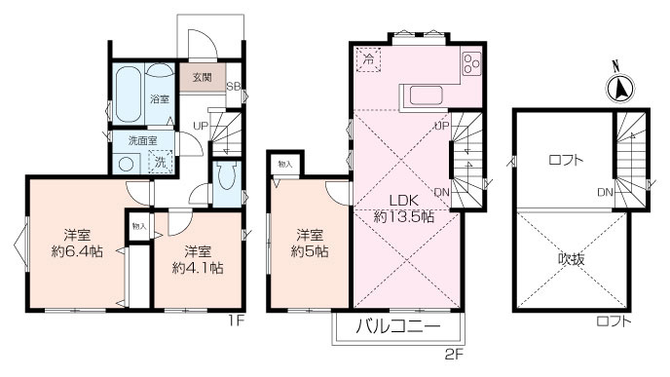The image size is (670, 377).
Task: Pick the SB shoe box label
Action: (x=233, y=86)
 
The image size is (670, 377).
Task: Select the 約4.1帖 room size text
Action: (x=198, y=255)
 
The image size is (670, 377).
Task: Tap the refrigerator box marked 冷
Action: (x=367, y=59)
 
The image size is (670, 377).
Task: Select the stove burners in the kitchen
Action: (x=471, y=63)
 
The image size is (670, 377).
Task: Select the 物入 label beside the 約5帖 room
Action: (x=283, y=164)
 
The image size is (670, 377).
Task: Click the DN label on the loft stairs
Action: (x=604, y=192)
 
